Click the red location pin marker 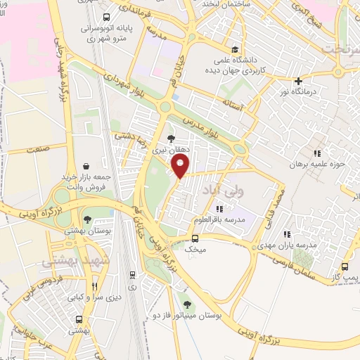pos(181,166)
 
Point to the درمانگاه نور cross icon pos(299,82)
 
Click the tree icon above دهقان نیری pos(170,138)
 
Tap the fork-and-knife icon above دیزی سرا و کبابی pos(94,287)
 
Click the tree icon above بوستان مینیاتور pos(187,304)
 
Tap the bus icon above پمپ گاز pos(345,266)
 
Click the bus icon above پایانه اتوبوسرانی pos(105,17)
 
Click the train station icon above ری pos(131,275)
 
